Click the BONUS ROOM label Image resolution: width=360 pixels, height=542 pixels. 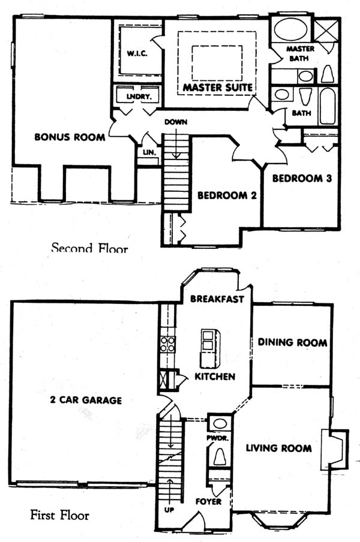[70, 137]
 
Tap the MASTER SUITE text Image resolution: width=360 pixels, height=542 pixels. [218, 88]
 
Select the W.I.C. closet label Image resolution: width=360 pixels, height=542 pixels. [137, 53]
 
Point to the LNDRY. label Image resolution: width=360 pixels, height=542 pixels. [139, 97]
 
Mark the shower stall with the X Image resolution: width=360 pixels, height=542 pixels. [326, 31]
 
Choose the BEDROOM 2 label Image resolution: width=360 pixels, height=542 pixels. [227, 195]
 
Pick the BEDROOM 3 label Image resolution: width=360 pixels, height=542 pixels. [302, 178]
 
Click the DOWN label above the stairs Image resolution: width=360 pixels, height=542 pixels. [176, 122]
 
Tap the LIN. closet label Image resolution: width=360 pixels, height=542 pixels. [149, 152]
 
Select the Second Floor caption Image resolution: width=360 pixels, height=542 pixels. [89, 248]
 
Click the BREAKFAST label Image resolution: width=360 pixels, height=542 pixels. [217, 299]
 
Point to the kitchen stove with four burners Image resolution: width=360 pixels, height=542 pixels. [168, 344]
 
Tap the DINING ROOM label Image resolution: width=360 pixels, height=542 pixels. [293, 342]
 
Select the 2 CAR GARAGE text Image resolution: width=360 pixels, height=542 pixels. [86, 401]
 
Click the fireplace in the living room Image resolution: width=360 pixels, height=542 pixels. [334, 449]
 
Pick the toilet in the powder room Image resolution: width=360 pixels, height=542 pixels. [219, 456]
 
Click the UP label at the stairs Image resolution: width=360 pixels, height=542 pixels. [169, 510]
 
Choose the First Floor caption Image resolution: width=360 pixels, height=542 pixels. [59, 515]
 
